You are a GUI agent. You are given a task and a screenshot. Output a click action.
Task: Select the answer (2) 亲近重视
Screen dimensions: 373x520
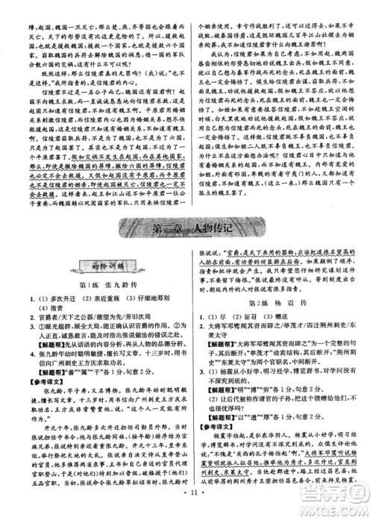tap(90, 297)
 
